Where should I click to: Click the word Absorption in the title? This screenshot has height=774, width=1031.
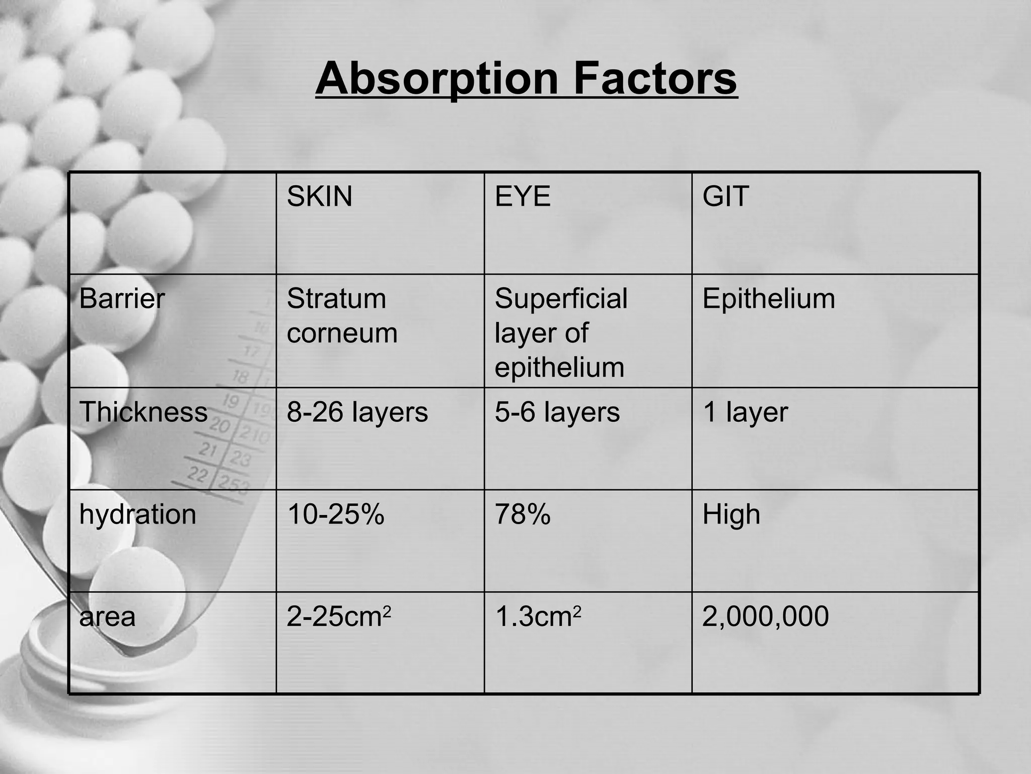click(436, 79)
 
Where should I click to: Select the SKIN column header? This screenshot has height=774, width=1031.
click(319, 196)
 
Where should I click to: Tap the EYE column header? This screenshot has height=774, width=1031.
click(523, 196)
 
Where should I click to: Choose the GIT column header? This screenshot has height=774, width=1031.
click(725, 196)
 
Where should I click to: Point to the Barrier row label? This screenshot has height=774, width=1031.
click(122, 298)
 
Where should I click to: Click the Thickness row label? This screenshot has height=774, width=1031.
click(143, 412)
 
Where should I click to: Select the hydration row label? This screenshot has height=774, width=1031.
click(137, 514)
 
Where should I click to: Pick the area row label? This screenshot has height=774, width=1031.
click(107, 616)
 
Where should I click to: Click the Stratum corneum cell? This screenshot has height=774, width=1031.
click(342, 316)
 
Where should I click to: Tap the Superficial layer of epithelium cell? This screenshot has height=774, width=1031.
click(561, 333)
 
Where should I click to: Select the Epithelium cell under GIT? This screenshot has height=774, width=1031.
click(769, 298)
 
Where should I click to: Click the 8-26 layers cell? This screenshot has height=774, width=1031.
click(357, 412)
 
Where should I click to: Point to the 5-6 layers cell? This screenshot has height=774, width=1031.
click(557, 412)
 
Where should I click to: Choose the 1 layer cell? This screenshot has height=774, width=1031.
click(745, 412)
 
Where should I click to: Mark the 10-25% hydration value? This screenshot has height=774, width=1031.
click(335, 514)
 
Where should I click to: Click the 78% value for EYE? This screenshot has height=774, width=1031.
click(523, 514)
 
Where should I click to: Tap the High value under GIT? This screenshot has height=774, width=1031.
click(731, 514)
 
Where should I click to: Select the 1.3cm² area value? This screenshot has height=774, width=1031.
click(538, 616)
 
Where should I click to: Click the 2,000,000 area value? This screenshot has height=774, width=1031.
click(765, 616)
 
